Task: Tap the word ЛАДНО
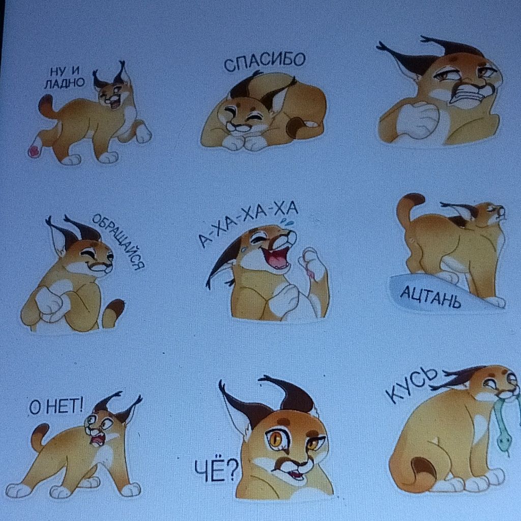point(65,83)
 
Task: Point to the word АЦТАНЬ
point(430,297)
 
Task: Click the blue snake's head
point(503,442)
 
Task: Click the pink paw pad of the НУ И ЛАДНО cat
point(34,152)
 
